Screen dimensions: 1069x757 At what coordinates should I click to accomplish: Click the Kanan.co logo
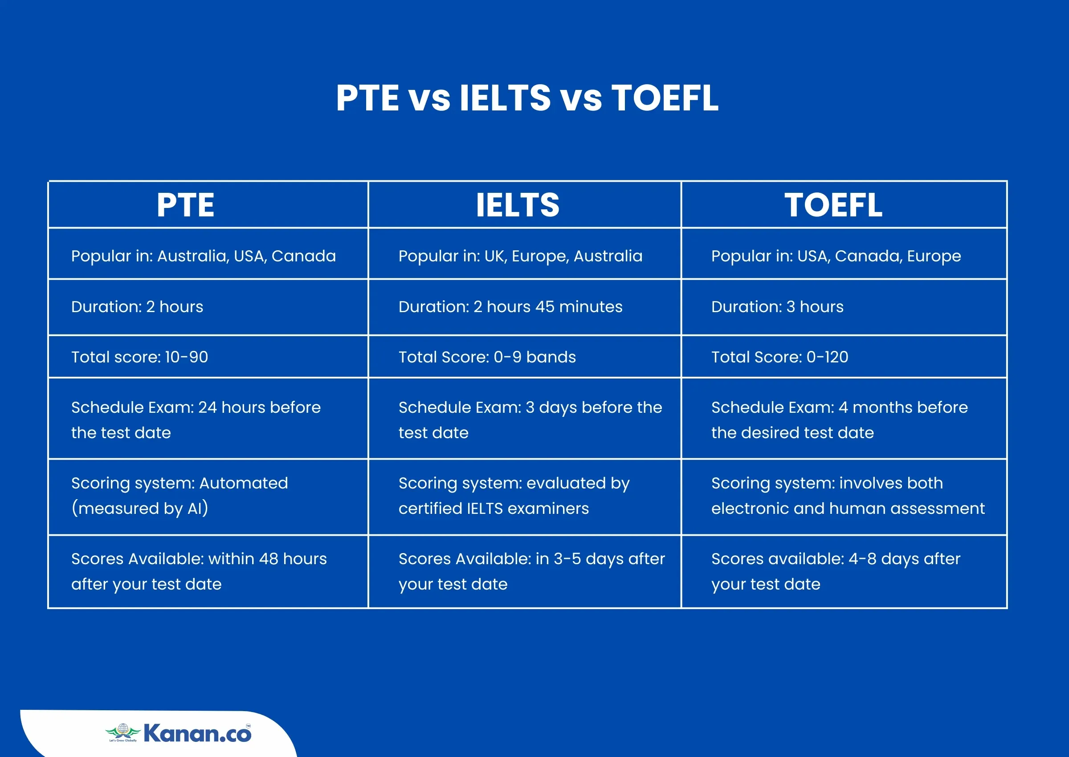click(179, 733)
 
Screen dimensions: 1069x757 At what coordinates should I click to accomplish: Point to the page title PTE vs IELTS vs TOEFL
click(527, 98)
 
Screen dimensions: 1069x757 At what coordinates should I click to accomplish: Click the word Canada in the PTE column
click(303, 256)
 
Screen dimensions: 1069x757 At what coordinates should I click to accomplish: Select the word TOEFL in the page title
click(665, 98)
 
